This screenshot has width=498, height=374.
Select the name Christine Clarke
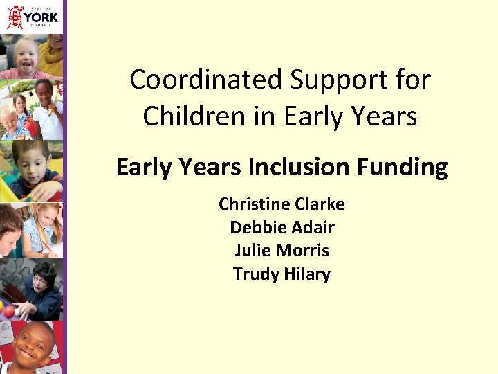[282, 204]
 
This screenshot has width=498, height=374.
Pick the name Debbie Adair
[282, 227]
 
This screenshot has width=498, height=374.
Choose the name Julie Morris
[282, 250]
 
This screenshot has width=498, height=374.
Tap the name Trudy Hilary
[282, 274]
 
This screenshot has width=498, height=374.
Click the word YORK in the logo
[42, 16]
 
